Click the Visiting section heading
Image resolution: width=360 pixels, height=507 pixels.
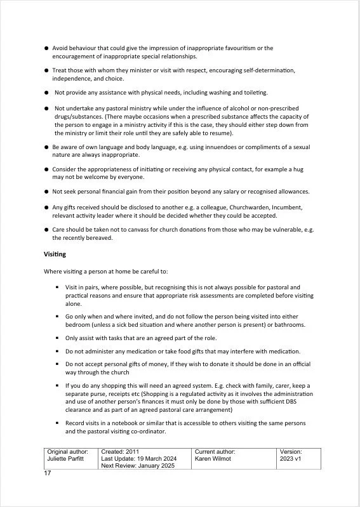pyautogui.click(x=55, y=254)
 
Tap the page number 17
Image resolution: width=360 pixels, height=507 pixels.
pyautogui.click(x=47, y=473)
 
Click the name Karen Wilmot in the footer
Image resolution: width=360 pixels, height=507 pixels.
pyautogui.click(x=213, y=458)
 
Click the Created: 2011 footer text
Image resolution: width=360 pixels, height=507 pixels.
pyautogui.click(x=119, y=451)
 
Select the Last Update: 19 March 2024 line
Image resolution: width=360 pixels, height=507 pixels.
pyautogui.click(x=138, y=458)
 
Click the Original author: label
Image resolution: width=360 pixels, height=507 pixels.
pyautogui.click(x=67, y=451)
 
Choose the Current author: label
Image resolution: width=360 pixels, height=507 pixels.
pyautogui.click(x=216, y=451)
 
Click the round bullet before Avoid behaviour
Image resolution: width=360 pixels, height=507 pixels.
pyautogui.click(x=46, y=48)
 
